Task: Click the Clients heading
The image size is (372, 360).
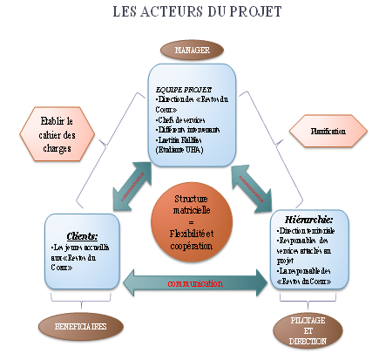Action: pyautogui.click(x=80, y=234)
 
